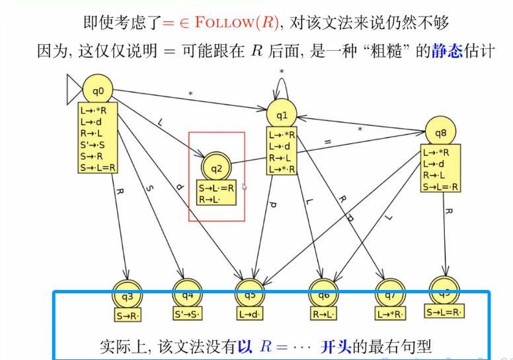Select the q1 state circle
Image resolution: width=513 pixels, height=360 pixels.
(282, 116)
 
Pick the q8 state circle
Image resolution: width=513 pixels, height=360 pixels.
(440, 133)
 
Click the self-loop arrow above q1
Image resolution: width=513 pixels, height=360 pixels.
(282, 82)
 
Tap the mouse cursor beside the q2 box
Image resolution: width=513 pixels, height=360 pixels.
(245, 188)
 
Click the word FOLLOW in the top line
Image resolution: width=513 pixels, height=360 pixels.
(223, 22)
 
